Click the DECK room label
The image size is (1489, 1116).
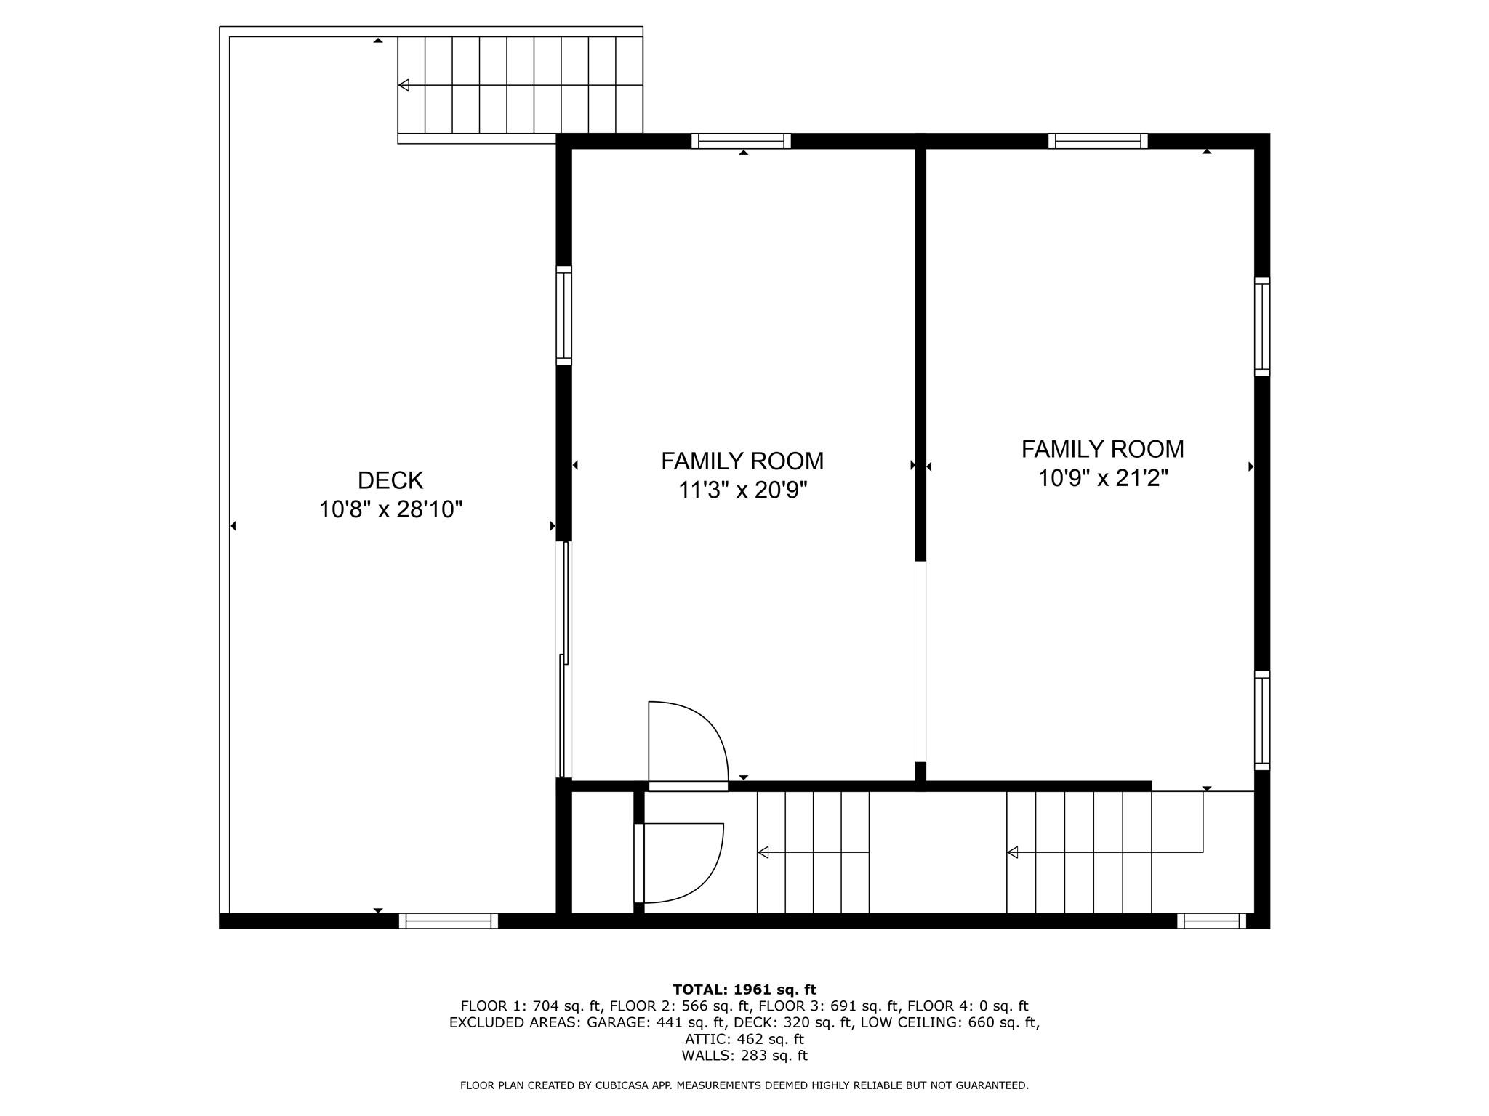click(x=390, y=480)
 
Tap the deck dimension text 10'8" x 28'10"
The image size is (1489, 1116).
click(x=390, y=509)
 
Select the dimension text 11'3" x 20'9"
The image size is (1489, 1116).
click(x=742, y=490)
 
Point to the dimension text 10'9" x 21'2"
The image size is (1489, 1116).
click(x=1102, y=479)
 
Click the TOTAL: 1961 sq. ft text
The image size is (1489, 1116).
click(x=744, y=990)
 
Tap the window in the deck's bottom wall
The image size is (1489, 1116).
click(x=449, y=921)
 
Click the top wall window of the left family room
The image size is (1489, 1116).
click(x=741, y=141)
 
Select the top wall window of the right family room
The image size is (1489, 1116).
click(x=1098, y=141)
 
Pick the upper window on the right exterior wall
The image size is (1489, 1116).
click(x=1262, y=326)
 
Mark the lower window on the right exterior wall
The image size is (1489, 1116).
click(x=1262, y=720)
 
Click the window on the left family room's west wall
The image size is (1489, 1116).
click(x=564, y=315)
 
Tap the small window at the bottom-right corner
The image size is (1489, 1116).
click(x=1211, y=921)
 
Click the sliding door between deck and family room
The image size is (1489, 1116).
click(x=563, y=660)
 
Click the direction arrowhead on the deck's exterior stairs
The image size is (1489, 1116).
click(x=404, y=85)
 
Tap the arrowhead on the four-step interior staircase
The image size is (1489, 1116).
click(x=763, y=852)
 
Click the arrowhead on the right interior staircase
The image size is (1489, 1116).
click(x=1012, y=852)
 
